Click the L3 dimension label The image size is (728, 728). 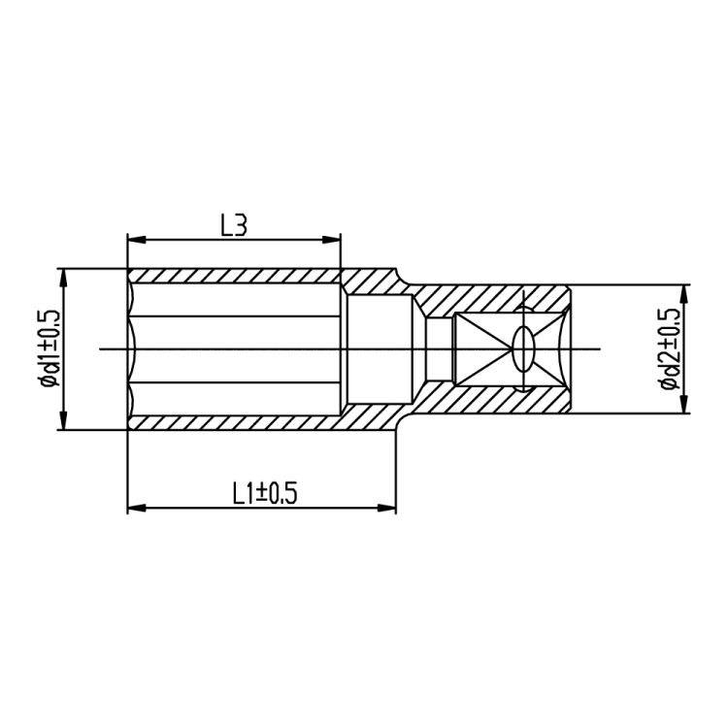click(x=234, y=225)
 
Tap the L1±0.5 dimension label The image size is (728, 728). click(x=265, y=493)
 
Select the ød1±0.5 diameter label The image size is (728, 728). click(x=50, y=348)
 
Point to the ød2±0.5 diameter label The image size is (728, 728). click(x=670, y=348)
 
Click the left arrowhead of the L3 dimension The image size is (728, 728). click(x=137, y=240)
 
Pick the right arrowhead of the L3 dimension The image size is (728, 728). click(x=332, y=240)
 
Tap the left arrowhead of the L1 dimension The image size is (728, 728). click(x=137, y=508)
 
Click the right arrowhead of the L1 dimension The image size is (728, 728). click(x=386, y=508)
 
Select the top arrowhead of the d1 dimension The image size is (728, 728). click(x=64, y=279)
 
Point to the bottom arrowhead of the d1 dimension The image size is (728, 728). click(x=64, y=420)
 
